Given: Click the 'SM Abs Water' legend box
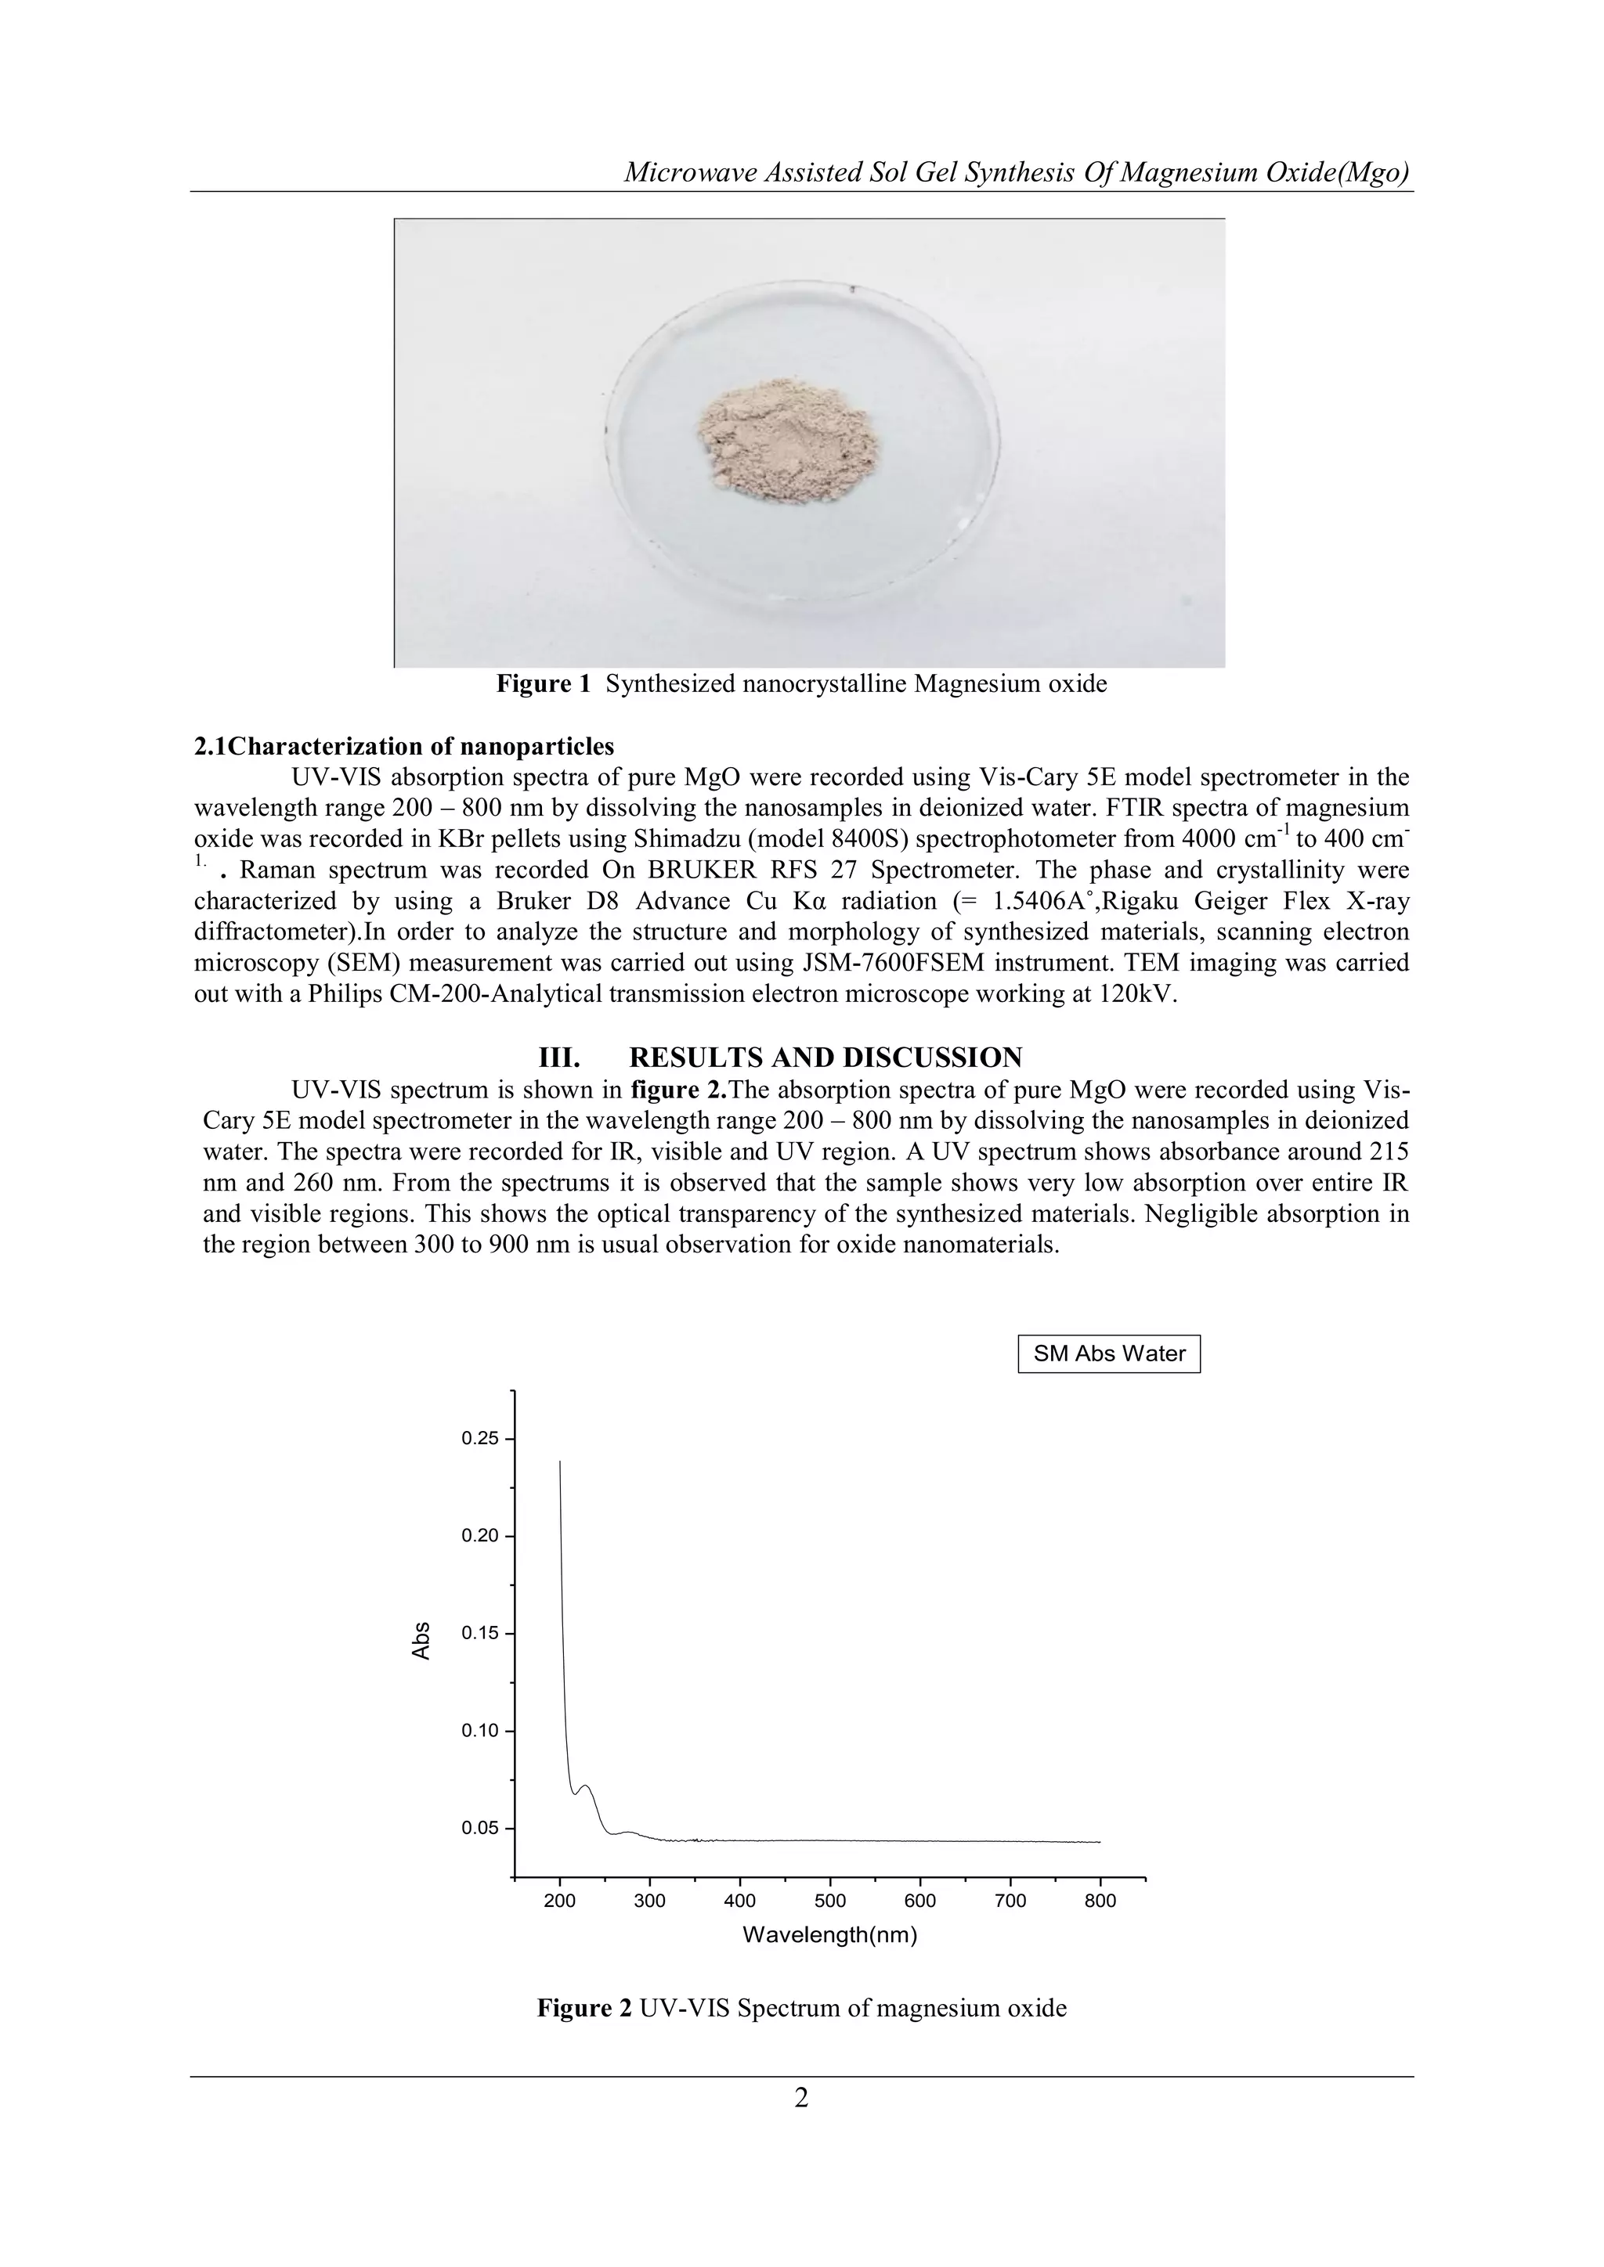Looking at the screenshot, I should coord(1108,1353).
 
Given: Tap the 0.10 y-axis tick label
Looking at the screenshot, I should coord(481,1731).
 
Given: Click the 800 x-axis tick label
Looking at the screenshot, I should coord(1100,1901).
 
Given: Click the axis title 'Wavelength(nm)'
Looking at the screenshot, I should coord(829,1935).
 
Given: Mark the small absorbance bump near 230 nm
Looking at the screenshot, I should coord(586,1786).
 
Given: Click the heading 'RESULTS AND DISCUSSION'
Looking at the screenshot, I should coord(825,1058).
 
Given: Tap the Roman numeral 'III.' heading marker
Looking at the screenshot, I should coord(559,1058).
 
